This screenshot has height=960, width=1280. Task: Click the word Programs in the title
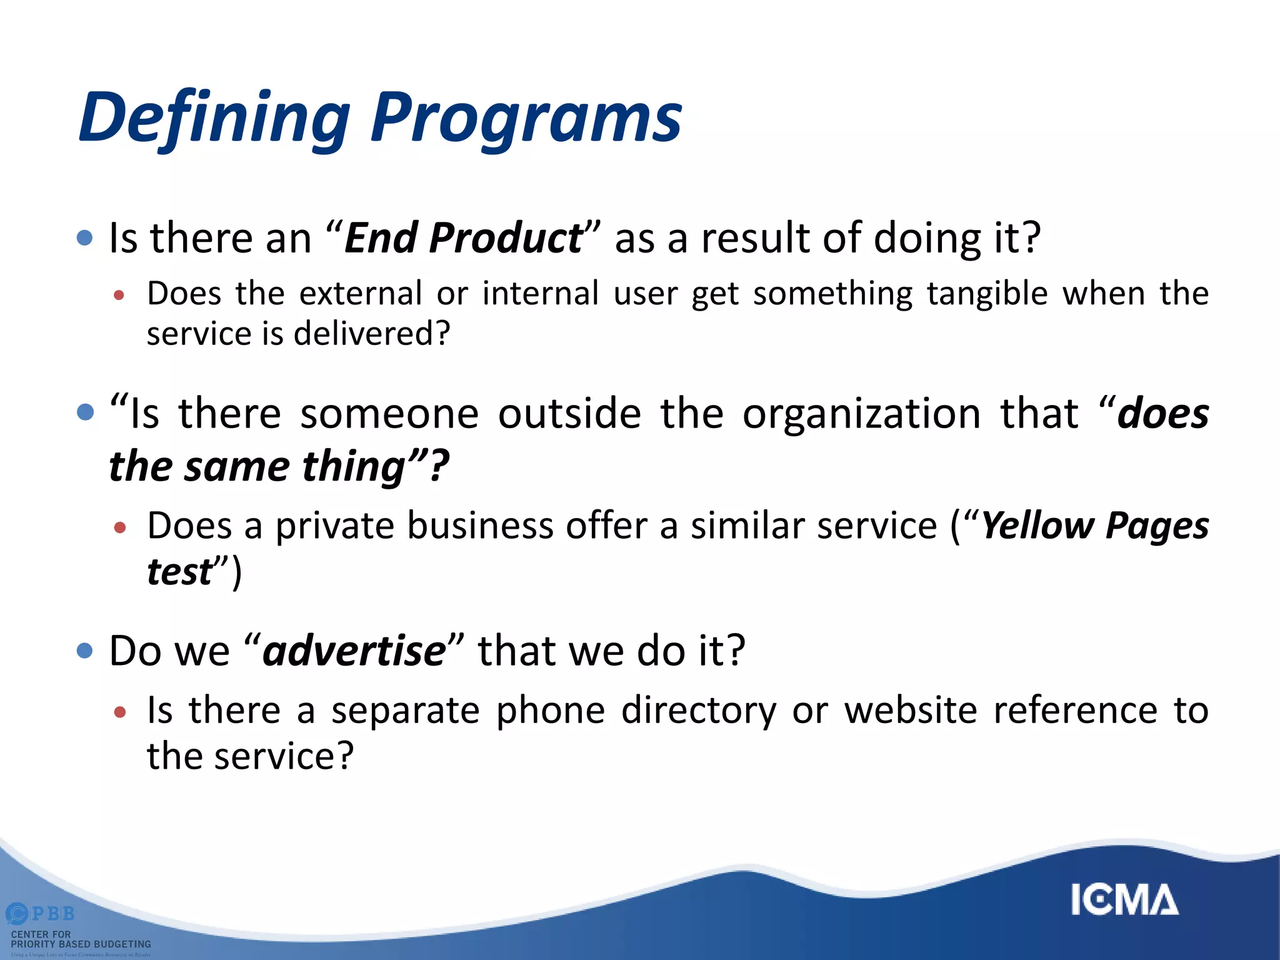(526, 119)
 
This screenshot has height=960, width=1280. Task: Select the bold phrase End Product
(462, 238)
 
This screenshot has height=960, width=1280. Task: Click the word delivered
(371, 333)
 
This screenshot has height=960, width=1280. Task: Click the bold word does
(1162, 414)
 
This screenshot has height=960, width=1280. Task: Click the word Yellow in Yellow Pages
(1037, 525)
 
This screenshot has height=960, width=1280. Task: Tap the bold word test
(179, 571)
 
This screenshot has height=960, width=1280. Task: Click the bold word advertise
(354, 651)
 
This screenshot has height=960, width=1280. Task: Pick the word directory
(699, 711)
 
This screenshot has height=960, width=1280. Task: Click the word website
(911, 711)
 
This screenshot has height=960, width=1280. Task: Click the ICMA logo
(1124, 900)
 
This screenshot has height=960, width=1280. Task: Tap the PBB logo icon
(17, 914)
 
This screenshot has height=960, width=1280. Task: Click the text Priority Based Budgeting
(81, 944)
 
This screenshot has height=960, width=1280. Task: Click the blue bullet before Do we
(84, 651)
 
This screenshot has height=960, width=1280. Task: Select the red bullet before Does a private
(120, 527)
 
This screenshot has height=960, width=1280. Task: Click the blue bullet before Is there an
(84, 237)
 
